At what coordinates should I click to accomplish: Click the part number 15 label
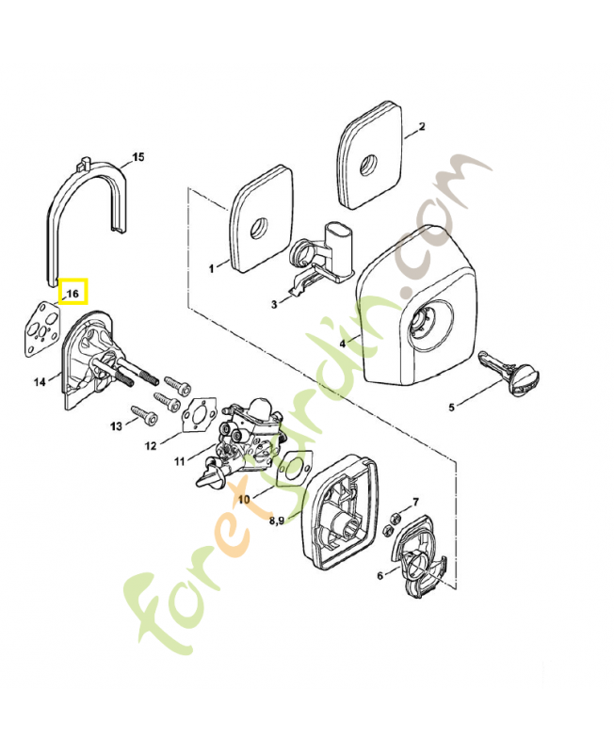pos(138,157)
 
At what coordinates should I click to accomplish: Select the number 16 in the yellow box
pos(73,294)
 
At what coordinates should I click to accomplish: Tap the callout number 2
pos(421,126)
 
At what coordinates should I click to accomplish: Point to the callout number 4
pos(343,344)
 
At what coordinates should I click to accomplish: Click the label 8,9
pos(279,520)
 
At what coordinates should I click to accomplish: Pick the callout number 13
pos(116,426)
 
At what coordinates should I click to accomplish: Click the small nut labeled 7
pos(397,517)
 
